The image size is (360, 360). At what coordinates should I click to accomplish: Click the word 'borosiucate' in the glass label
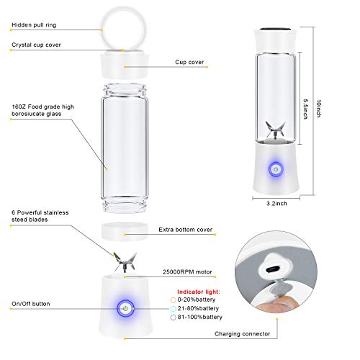(30, 112)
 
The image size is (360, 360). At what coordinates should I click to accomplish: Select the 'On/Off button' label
(31, 304)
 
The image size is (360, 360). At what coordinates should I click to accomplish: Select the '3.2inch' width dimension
(276, 204)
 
